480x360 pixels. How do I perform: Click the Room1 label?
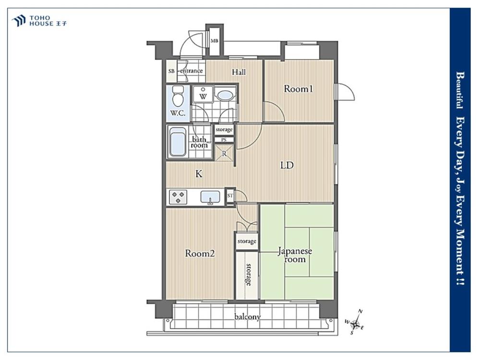tap(298, 89)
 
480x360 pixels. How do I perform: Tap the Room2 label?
tap(200, 253)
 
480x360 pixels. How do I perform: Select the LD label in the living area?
tap(287, 165)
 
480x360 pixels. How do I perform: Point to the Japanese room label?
tap(295, 255)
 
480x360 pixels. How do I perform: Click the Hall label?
tap(239, 72)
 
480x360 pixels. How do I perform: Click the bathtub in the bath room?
tap(178, 142)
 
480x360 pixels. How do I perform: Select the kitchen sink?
tap(210, 197)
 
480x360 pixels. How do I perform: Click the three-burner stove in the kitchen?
tap(178, 197)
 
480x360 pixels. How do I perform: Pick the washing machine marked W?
tap(203, 94)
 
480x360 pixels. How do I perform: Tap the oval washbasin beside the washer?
tap(225, 95)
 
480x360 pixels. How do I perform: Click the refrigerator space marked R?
tap(224, 153)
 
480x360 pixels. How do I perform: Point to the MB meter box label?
tap(214, 41)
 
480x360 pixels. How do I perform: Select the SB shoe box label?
tap(171, 71)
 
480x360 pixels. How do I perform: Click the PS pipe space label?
tap(224, 140)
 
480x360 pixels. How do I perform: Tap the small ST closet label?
tap(230, 196)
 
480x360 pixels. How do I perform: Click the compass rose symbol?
tap(355, 323)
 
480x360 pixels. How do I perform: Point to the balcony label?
tap(247, 317)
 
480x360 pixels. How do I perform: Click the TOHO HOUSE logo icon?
tap(19, 21)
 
